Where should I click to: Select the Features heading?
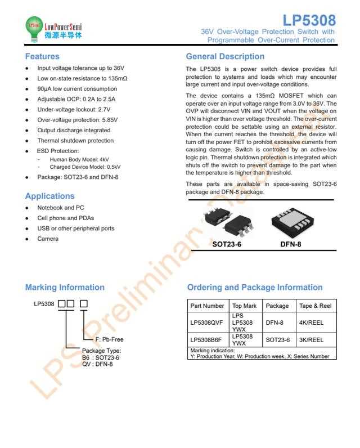point(42,56)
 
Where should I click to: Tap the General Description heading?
point(225,56)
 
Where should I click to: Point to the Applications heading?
point(49,196)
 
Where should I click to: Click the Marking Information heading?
point(65,287)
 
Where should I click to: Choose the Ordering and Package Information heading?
point(255,287)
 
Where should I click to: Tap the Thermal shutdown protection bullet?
point(75,141)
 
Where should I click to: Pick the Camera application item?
point(48,239)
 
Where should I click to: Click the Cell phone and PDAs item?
point(66,218)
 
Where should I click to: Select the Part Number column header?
point(207,306)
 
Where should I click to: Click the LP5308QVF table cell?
point(207,322)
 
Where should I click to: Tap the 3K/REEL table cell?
point(311,340)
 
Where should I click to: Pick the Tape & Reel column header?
point(316,306)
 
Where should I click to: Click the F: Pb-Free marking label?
point(109,339)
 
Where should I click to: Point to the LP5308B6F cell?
point(207,340)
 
